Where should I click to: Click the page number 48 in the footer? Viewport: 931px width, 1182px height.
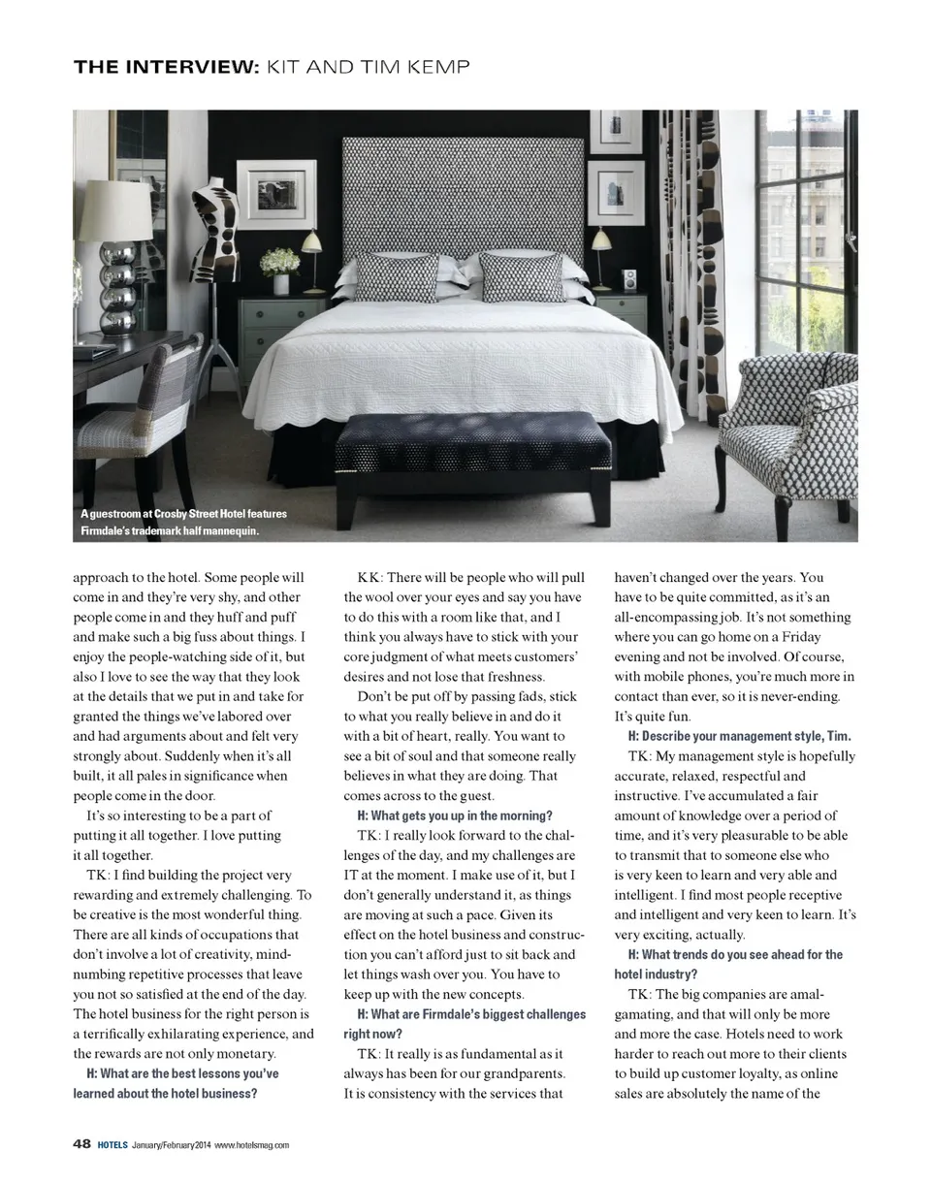tap(82, 1144)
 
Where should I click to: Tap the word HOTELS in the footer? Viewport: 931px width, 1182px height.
tap(112, 1145)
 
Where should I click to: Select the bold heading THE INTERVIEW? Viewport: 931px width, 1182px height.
tap(166, 67)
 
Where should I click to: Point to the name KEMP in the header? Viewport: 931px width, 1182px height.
tap(436, 67)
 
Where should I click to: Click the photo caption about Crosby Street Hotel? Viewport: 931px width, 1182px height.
tap(183, 522)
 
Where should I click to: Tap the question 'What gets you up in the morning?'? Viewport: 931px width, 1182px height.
tap(455, 815)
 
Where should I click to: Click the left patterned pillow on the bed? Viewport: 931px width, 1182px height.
tap(398, 277)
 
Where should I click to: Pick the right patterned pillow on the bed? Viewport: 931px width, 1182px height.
tap(522, 277)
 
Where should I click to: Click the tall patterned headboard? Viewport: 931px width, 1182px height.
tap(464, 194)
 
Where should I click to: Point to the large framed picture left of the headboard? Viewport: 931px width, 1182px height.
tap(276, 195)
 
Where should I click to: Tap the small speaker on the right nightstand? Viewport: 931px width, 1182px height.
tap(629, 280)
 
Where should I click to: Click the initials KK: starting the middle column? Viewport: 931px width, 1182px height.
tap(369, 577)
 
